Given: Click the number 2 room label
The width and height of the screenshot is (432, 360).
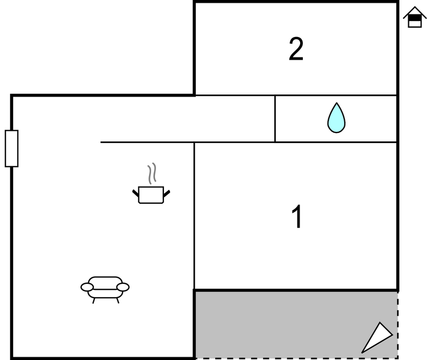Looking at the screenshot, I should click(x=296, y=50).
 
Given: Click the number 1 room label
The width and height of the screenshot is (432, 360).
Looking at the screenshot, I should click(x=297, y=217).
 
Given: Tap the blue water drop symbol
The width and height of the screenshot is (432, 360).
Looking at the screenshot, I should click(x=336, y=118).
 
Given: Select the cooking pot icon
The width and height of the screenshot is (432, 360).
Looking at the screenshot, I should click(x=151, y=194).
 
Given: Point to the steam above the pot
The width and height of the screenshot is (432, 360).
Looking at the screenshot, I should click(x=152, y=173).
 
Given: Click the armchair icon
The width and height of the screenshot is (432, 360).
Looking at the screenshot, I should click(x=105, y=288).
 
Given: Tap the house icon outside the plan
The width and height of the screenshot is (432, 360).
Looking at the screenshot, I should click(x=415, y=18).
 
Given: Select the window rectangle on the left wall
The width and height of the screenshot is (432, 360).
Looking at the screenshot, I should click(x=12, y=148).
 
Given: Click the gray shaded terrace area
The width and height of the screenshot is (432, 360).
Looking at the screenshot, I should click(x=276, y=325).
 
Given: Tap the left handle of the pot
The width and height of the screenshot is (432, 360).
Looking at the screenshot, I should click(x=135, y=193).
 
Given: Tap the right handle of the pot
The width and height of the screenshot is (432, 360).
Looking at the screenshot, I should click(x=166, y=193).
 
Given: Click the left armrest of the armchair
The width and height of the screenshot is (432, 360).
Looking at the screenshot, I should click(x=87, y=287).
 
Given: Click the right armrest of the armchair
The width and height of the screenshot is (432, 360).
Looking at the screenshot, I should click(x=123, y=287).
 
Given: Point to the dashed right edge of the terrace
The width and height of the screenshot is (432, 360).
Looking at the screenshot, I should click(x=398, y=326).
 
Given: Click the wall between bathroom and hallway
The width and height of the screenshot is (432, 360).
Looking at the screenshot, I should click(x=275, y=119).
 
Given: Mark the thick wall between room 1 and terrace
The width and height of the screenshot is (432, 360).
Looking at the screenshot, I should click(x=296, y=290).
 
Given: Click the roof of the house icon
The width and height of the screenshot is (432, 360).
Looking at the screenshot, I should click(x=415, y=12).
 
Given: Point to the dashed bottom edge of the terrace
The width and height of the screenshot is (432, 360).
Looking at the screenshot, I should click(x=298, y=358).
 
